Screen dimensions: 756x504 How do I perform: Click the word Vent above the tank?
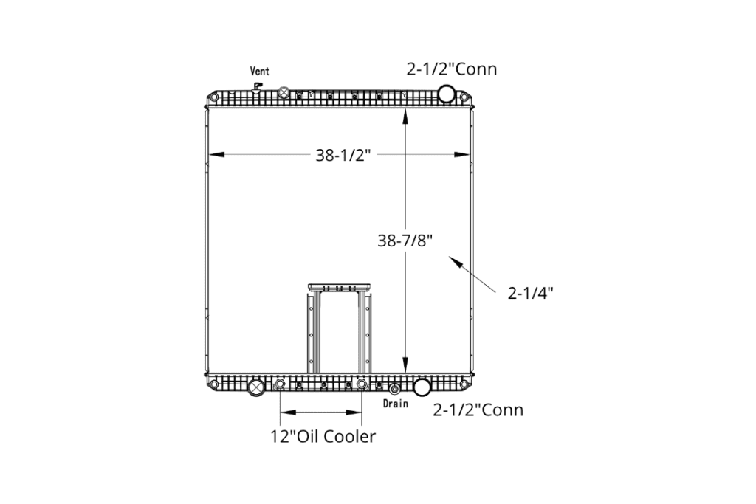coord(259,72)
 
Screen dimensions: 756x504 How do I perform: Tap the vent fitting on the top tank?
coord(258,87)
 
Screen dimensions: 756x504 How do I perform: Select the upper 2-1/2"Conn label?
coord(452,69)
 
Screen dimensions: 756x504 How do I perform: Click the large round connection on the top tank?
coord(447,94)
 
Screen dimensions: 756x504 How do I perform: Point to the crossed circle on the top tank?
coord(284,92)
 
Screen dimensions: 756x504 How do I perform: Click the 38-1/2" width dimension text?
coord(343,155)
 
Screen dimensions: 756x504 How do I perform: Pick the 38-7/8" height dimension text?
coord(405,241)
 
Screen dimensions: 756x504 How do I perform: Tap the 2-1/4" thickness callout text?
coord(530,292)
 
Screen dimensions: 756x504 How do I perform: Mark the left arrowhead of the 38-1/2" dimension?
coord(216,155)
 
